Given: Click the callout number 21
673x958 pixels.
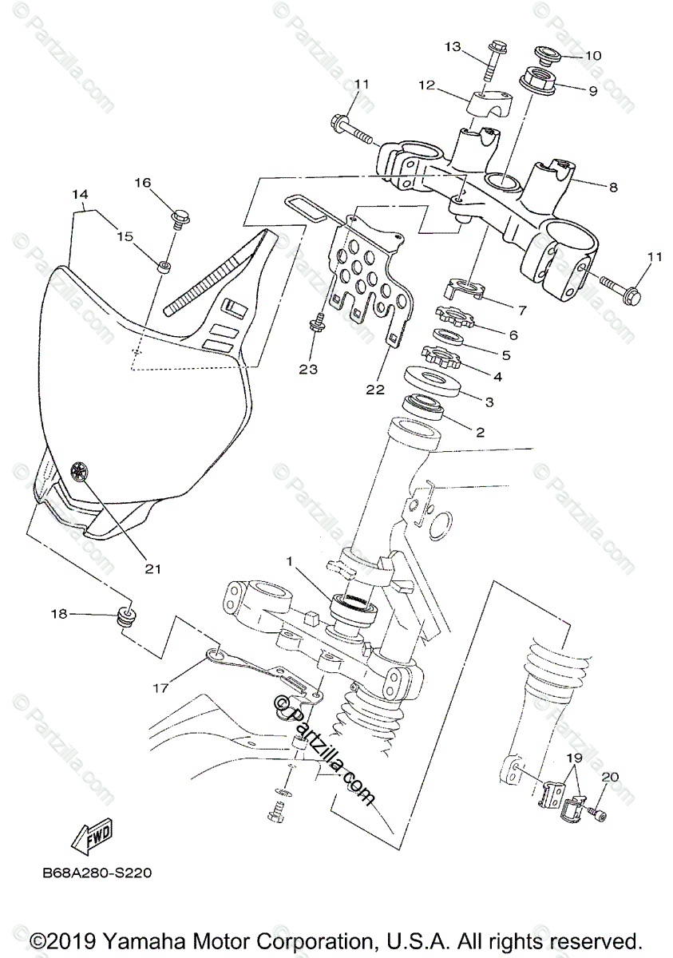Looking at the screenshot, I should click(152, 568).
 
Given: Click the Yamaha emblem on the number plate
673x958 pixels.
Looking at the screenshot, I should click(79, 471).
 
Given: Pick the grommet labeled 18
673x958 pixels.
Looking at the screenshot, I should click(125, 616).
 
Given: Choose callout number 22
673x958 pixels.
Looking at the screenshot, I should click(374, 390).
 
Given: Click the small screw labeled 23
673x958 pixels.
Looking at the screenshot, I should click(318, 323).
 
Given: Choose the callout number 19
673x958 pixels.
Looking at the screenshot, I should click(574, 756).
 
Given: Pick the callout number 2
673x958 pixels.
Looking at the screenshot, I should click(480, 432).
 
